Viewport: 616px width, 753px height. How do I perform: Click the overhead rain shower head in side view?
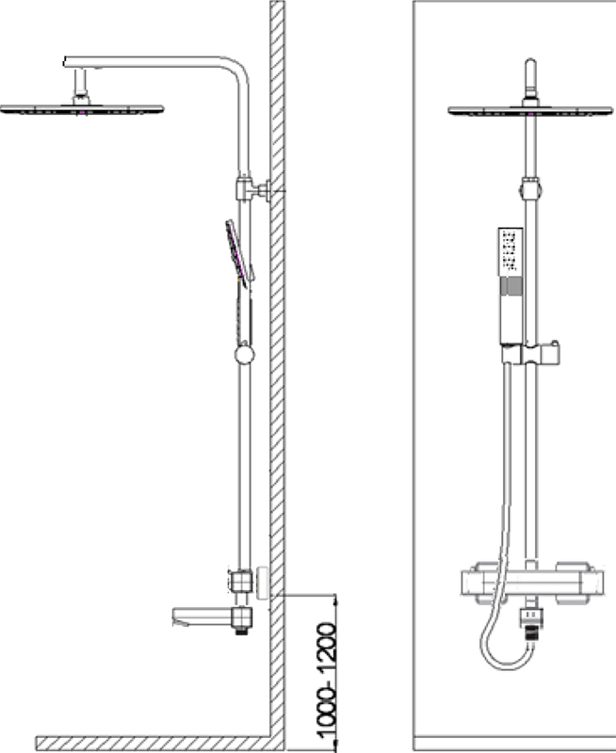click(x=82, y=110)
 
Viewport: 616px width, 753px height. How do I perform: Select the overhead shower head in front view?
click(x=530, y=111)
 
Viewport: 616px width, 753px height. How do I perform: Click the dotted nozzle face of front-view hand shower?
click(x=510, y=250)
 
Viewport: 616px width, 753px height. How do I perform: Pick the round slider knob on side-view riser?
click(x=244, y=355)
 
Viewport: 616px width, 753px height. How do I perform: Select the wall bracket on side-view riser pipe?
click(x=253, y=190)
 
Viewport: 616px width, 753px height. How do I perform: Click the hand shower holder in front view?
click(x=530, y=354)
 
